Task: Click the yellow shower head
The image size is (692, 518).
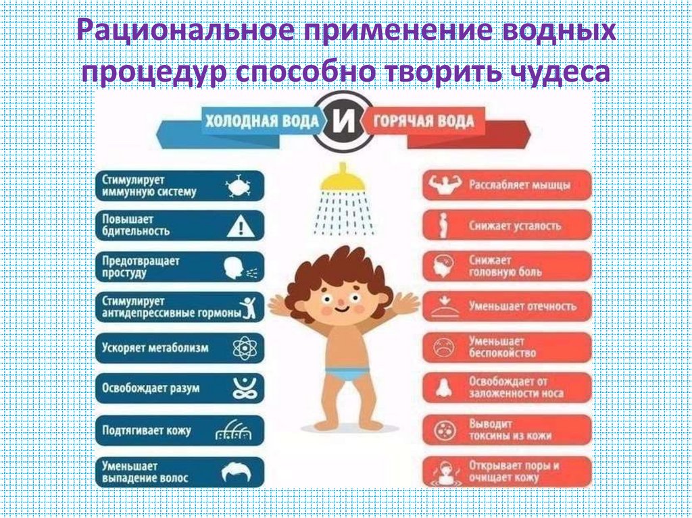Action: point(343,180)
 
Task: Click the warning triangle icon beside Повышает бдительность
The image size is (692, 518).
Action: point(240,226)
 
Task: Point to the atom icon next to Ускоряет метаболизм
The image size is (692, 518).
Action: point(241,348)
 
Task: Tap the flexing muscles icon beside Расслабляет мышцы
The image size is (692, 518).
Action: point(445,185)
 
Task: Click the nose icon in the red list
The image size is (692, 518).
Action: point(444,388)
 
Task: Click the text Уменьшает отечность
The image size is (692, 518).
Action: point(522,306)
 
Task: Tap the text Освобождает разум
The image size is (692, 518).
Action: point(150,388)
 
